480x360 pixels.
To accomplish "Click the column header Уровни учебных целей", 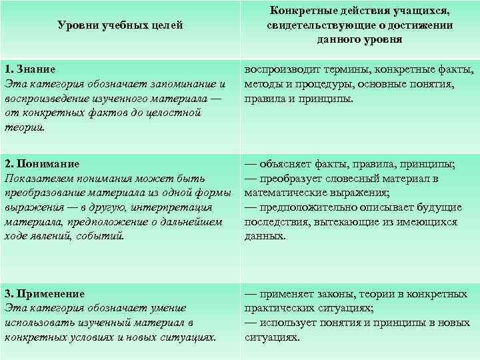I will pos(120,26).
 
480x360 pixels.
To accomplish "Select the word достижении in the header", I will pos(413,25).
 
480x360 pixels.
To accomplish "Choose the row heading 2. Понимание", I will pos(42,163).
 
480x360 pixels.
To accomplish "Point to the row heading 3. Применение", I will pos(45,293).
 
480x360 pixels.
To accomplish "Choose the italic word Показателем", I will pos(35,179).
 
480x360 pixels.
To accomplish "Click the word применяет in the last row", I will pos(291,293).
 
